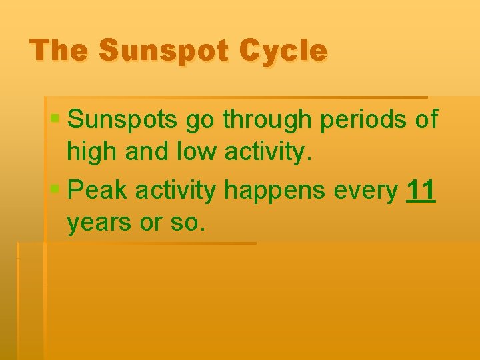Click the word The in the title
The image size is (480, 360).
tap(55, 51)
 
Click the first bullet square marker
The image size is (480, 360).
tap(56, 119)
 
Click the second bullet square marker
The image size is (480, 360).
tap(56, 191)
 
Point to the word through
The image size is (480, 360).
tap(269, 120)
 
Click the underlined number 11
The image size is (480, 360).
tap(421, 191)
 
